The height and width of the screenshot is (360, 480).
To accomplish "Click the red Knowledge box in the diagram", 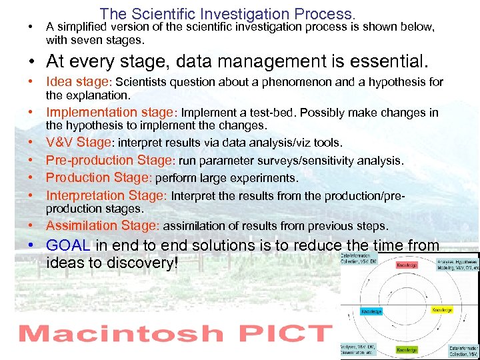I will (407, 265).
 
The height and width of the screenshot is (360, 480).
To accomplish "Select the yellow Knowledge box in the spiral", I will (441, 310).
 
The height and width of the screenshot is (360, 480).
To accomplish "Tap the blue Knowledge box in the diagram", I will (371, 311).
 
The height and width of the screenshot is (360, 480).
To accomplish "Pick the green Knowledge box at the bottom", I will (407, 349).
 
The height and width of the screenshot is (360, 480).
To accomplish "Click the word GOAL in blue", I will (68, 245).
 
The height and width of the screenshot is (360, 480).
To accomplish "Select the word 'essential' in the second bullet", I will (374, 63).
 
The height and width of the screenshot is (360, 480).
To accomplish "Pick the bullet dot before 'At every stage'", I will (31, 63).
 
